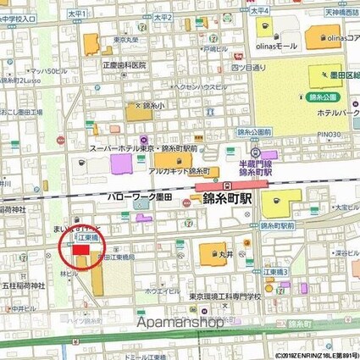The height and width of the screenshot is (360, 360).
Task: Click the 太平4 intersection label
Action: [x=259, y=11]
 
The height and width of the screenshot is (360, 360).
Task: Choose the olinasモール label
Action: [x=279, y=45]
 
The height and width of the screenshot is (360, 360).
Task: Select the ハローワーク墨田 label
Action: [x=139, y=197]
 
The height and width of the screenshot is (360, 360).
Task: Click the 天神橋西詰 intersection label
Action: [x=339, y=12]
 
